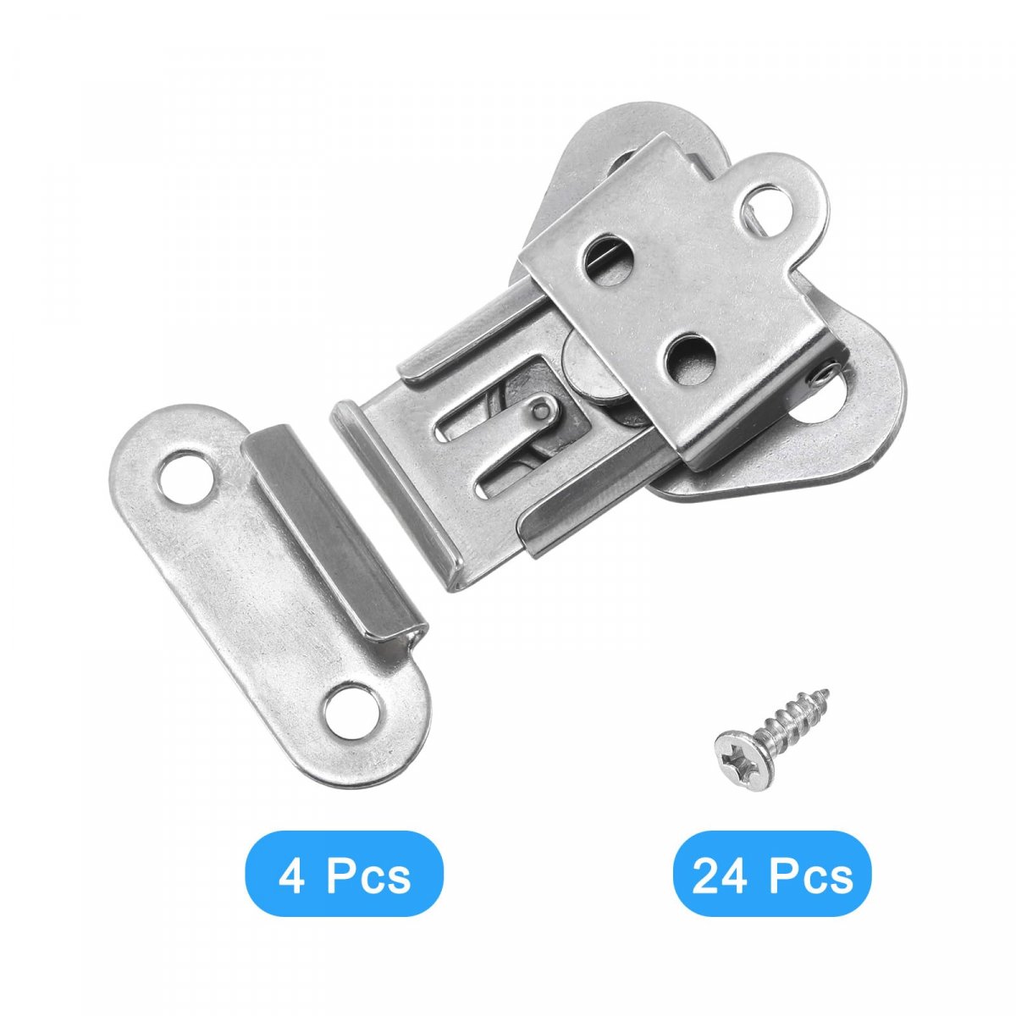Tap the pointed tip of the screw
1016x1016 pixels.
point(825,693)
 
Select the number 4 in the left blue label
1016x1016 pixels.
point(291,877)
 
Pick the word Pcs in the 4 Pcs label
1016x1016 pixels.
point(368,877)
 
